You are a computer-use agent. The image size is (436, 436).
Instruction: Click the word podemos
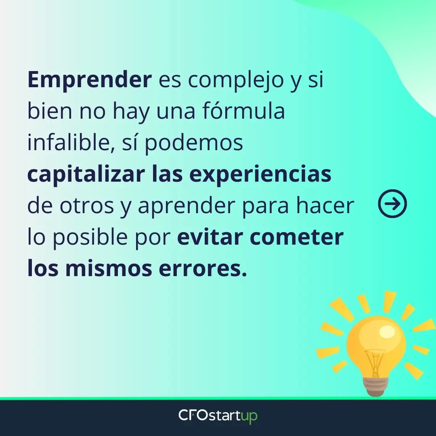pyautogui.click(x=194, y=143)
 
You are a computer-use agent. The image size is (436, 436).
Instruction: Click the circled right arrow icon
pyautogui.click(x=392, y=203)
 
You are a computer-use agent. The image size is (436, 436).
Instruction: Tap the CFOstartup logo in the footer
pyautogui.click(x=218, y=416)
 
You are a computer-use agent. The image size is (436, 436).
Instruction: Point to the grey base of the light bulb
pyautogui.click(x=376, y=386)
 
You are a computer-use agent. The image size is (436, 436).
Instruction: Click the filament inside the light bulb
pyautogui.click(x=375, y=361)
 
